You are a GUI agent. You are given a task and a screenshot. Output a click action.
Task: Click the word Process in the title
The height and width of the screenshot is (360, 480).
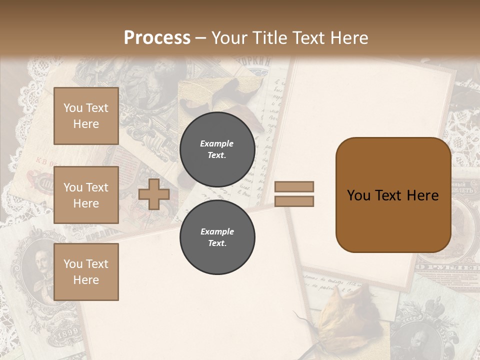[x=157, y=38]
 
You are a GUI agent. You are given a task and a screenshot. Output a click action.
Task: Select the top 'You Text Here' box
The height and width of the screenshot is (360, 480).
[x=86, y=116]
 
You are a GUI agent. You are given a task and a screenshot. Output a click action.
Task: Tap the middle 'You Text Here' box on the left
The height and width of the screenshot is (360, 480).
[x=86, y=195]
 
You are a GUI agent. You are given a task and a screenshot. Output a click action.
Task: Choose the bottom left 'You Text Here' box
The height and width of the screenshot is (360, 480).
[x=86, y=271]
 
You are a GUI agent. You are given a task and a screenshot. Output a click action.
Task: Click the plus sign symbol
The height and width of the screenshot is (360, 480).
[x=154, y=194]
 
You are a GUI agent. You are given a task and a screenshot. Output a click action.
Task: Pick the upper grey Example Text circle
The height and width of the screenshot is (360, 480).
[x=217, y=149]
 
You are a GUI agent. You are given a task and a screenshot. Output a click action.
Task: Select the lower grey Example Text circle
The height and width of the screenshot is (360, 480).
[x=217, y=237]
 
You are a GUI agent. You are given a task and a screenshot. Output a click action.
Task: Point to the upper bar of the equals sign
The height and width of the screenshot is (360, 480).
[x=294, y=186]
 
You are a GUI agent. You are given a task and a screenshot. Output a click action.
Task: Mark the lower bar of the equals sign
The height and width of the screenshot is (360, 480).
[x=294, y=201]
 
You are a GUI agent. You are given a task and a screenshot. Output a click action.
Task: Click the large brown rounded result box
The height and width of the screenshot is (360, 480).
[x=393, y=195]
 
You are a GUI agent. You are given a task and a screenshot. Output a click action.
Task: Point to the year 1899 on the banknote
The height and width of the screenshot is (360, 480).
[x=67, y=334]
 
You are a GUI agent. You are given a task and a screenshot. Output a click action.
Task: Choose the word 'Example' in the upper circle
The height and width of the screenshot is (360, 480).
[x=217, y=143]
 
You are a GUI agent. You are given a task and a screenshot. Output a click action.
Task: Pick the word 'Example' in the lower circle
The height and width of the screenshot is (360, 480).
[x=217, y=231]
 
